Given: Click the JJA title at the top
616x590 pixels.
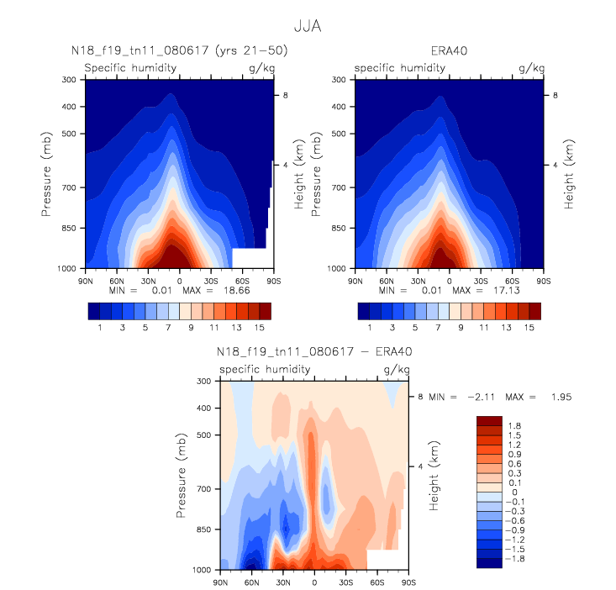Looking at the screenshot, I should tap(308, 26).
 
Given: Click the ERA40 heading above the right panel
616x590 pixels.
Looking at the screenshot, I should tap(449, 51).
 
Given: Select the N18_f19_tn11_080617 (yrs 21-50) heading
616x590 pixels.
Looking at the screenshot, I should tap(179, 51).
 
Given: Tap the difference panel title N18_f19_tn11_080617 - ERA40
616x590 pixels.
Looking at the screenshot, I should tap(313, 353).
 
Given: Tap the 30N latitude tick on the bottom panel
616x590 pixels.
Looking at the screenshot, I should tap(283, 581).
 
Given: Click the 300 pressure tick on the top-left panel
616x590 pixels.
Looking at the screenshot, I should tap(69, 80).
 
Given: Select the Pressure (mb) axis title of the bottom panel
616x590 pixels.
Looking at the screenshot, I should tap(183, 475).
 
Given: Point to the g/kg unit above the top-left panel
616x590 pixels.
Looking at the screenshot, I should tap(257, 67).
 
